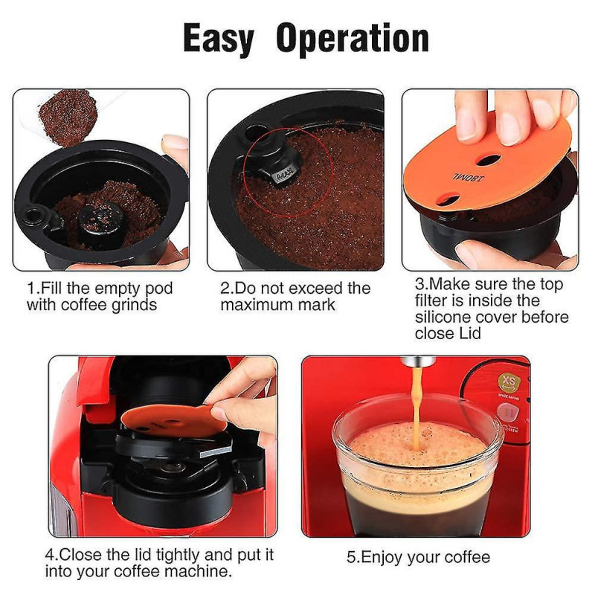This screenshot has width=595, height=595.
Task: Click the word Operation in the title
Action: (353, 39)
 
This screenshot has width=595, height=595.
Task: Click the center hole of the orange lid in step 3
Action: (488, 159)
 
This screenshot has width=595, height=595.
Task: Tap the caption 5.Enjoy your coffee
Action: (418, 557)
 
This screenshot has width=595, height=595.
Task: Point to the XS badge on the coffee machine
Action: (509, 383)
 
